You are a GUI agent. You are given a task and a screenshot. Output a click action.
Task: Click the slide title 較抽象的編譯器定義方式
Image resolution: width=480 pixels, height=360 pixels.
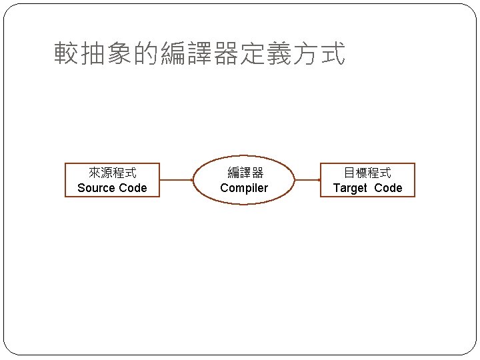[x=200, y=54]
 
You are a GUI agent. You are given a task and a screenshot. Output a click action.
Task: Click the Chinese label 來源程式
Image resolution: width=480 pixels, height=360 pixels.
[x=112, y=173]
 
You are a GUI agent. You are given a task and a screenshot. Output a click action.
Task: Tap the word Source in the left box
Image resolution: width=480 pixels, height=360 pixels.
[x=95, y=188]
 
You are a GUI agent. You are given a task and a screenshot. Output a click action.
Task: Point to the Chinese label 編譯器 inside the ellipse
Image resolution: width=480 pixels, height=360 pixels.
[x=245, y=173]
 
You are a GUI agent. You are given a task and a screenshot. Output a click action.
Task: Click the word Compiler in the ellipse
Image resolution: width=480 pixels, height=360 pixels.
[x=244, y=188]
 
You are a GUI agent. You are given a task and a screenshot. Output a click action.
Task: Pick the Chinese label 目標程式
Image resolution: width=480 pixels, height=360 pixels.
[x=367, y=173]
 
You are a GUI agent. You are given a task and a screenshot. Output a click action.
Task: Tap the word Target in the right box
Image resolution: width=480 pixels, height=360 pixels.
[x=350, y=188]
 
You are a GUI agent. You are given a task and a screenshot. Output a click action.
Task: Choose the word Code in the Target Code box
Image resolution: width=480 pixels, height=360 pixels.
[x=388, y=188]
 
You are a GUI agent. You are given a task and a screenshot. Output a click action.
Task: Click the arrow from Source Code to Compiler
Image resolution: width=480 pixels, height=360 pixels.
[x=177, y=180]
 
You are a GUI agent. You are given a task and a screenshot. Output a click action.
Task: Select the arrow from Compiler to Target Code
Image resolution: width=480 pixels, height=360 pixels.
[x=307, y=180]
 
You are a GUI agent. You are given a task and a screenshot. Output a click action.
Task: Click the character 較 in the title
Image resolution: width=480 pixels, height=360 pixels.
[x=67, y=54]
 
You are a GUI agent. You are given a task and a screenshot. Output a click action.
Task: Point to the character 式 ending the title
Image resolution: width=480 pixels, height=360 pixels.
[x=333, y=54]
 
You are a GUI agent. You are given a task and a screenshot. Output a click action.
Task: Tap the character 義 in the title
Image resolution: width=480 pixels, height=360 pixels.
[x=279, y=54]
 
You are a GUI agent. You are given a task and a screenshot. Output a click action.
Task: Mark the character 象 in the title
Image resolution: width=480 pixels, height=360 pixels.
[x=120, y=54]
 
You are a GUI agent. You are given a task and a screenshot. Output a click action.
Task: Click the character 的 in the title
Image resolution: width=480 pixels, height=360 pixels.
[x=147, y=54]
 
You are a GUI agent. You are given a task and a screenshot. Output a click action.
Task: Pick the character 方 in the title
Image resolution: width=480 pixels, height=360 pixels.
[x=306, y=54]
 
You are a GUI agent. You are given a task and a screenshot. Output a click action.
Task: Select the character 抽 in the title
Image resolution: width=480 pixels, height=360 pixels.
[x=93, y=54]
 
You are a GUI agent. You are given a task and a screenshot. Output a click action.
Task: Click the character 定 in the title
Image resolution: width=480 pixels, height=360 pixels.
[x=253, y=54]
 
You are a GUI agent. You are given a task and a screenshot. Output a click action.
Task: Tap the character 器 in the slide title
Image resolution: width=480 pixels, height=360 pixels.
[x=226, y=54]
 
